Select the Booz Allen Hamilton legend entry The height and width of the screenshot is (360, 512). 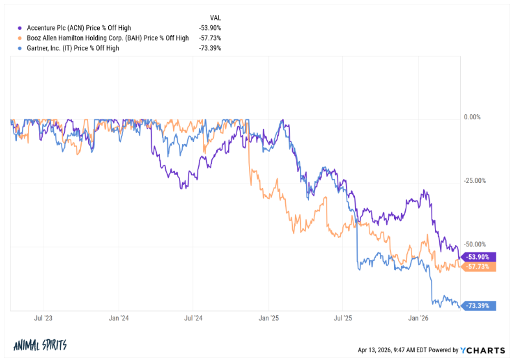point(108,38)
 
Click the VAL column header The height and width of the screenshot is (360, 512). point(215,18)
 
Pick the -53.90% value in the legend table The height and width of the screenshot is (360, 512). point(210,29)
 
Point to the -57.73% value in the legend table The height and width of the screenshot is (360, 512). point(210,38)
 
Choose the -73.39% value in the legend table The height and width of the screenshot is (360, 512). point(210,48)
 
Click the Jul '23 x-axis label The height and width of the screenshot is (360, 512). point(43,318)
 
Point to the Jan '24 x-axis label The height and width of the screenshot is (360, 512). point(119,318)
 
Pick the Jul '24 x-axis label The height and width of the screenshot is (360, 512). point(194,318)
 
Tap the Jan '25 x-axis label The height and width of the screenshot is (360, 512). point(269,318)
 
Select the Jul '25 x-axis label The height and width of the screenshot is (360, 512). point(343,318)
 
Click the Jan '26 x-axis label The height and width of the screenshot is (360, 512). point(419,318)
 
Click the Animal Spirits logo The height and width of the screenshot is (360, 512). point(40,345)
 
